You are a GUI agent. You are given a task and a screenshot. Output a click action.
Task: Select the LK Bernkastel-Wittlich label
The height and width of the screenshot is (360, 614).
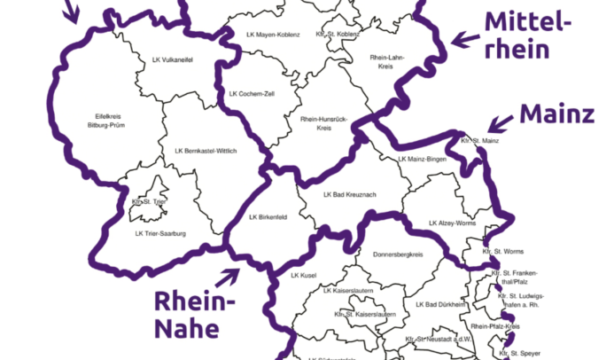pyautogui.click(x=206, y=152)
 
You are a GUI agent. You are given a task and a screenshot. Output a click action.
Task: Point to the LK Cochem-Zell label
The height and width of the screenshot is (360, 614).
pyautogui.click(x=253, y=93)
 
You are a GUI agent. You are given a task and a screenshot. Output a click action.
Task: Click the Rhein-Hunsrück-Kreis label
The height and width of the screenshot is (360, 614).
pyautogui.click(x=323, y=123)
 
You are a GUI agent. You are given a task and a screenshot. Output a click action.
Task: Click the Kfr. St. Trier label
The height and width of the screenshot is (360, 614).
pyautogui.click(x=148, y=202)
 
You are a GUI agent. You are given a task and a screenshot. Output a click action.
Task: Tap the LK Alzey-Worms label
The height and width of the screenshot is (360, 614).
pyautogui.click(x=452, y=223)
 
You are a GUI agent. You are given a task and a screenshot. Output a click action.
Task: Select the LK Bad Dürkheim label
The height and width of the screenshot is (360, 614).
pyautogui.click(x=439, y=305)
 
